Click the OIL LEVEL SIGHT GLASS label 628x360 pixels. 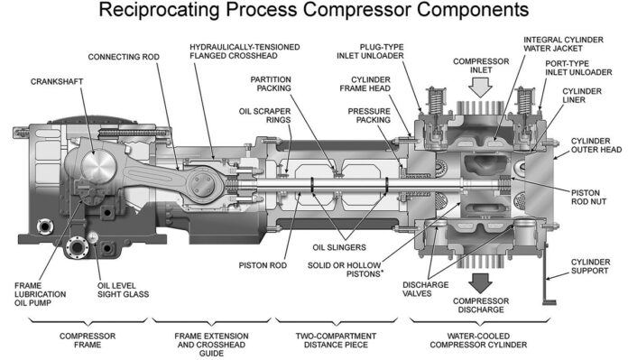(x=123, y=290)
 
